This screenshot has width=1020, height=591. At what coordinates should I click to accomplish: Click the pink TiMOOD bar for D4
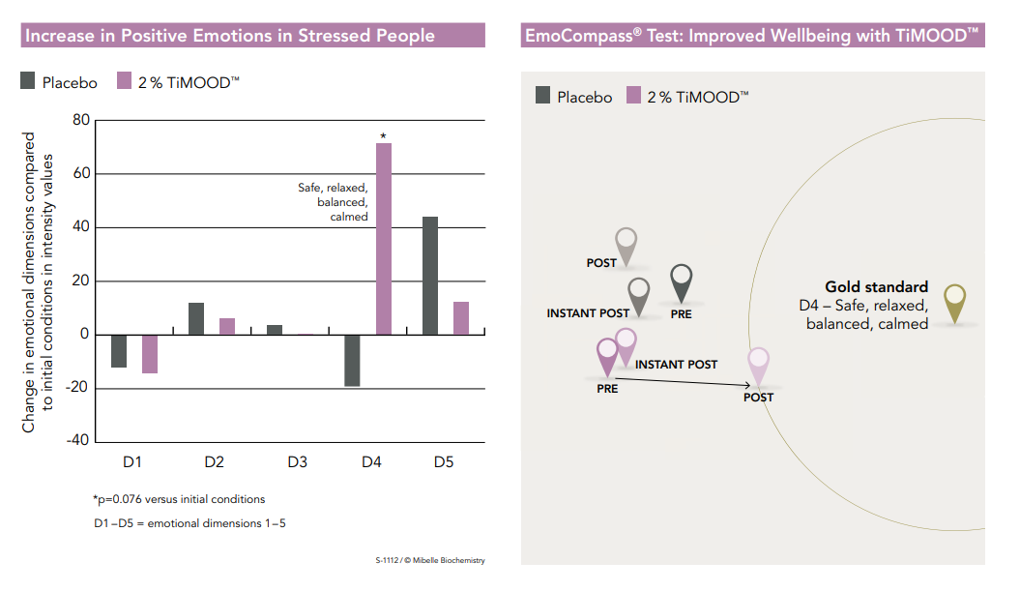click(384, 239)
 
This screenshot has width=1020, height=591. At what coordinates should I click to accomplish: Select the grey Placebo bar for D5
click(429, 276)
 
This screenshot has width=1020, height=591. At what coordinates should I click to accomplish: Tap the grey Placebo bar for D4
click(352, 361)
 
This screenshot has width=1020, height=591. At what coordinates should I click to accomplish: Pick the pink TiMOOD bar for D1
click(150, 354)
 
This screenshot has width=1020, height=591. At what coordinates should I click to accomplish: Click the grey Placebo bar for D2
click(196, 319)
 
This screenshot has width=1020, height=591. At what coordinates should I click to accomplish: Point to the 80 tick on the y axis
click(80, 121)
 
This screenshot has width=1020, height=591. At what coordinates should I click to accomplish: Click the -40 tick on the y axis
click(76, 441)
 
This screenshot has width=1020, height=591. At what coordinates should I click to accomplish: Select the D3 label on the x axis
click(298, 462)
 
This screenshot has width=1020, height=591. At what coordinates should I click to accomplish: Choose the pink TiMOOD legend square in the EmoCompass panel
click(634, 95)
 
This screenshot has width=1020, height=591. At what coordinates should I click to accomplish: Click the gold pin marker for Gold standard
click(954, 301)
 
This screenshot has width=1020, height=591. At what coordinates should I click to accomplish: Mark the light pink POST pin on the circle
click(759, 366)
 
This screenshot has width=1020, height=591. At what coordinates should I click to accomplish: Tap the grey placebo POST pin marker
click(627, 245)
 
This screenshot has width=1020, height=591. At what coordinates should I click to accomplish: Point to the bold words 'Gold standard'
click(876, 287)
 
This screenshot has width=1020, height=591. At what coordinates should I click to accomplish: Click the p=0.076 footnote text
click(179, 499)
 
